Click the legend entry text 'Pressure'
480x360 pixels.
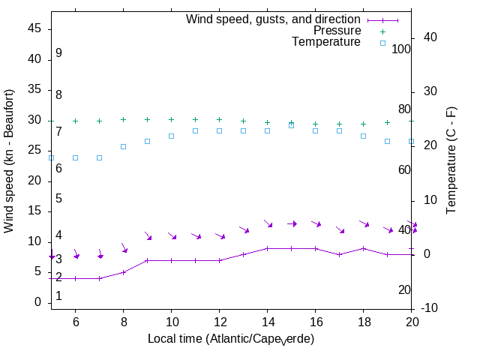tap(337, 31)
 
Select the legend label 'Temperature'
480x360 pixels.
tap(326, 43)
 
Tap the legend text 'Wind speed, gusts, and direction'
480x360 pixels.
tap(274, 19)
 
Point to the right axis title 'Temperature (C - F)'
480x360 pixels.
tap(452, 159)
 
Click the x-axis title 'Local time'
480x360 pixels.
tap(230, 339)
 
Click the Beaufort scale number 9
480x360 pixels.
tap(58, 53)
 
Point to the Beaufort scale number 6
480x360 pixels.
tap(58, 169)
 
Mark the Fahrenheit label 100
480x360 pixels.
tap(401, 49)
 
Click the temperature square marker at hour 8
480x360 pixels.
tap(124, 146)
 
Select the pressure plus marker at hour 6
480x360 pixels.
tap(76, 121)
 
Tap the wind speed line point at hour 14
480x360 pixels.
tap(268, 248)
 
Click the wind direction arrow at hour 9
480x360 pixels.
tap(148, 236)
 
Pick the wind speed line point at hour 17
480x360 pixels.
tap(340, 254)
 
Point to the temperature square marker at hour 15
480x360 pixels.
tap(292, 125)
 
